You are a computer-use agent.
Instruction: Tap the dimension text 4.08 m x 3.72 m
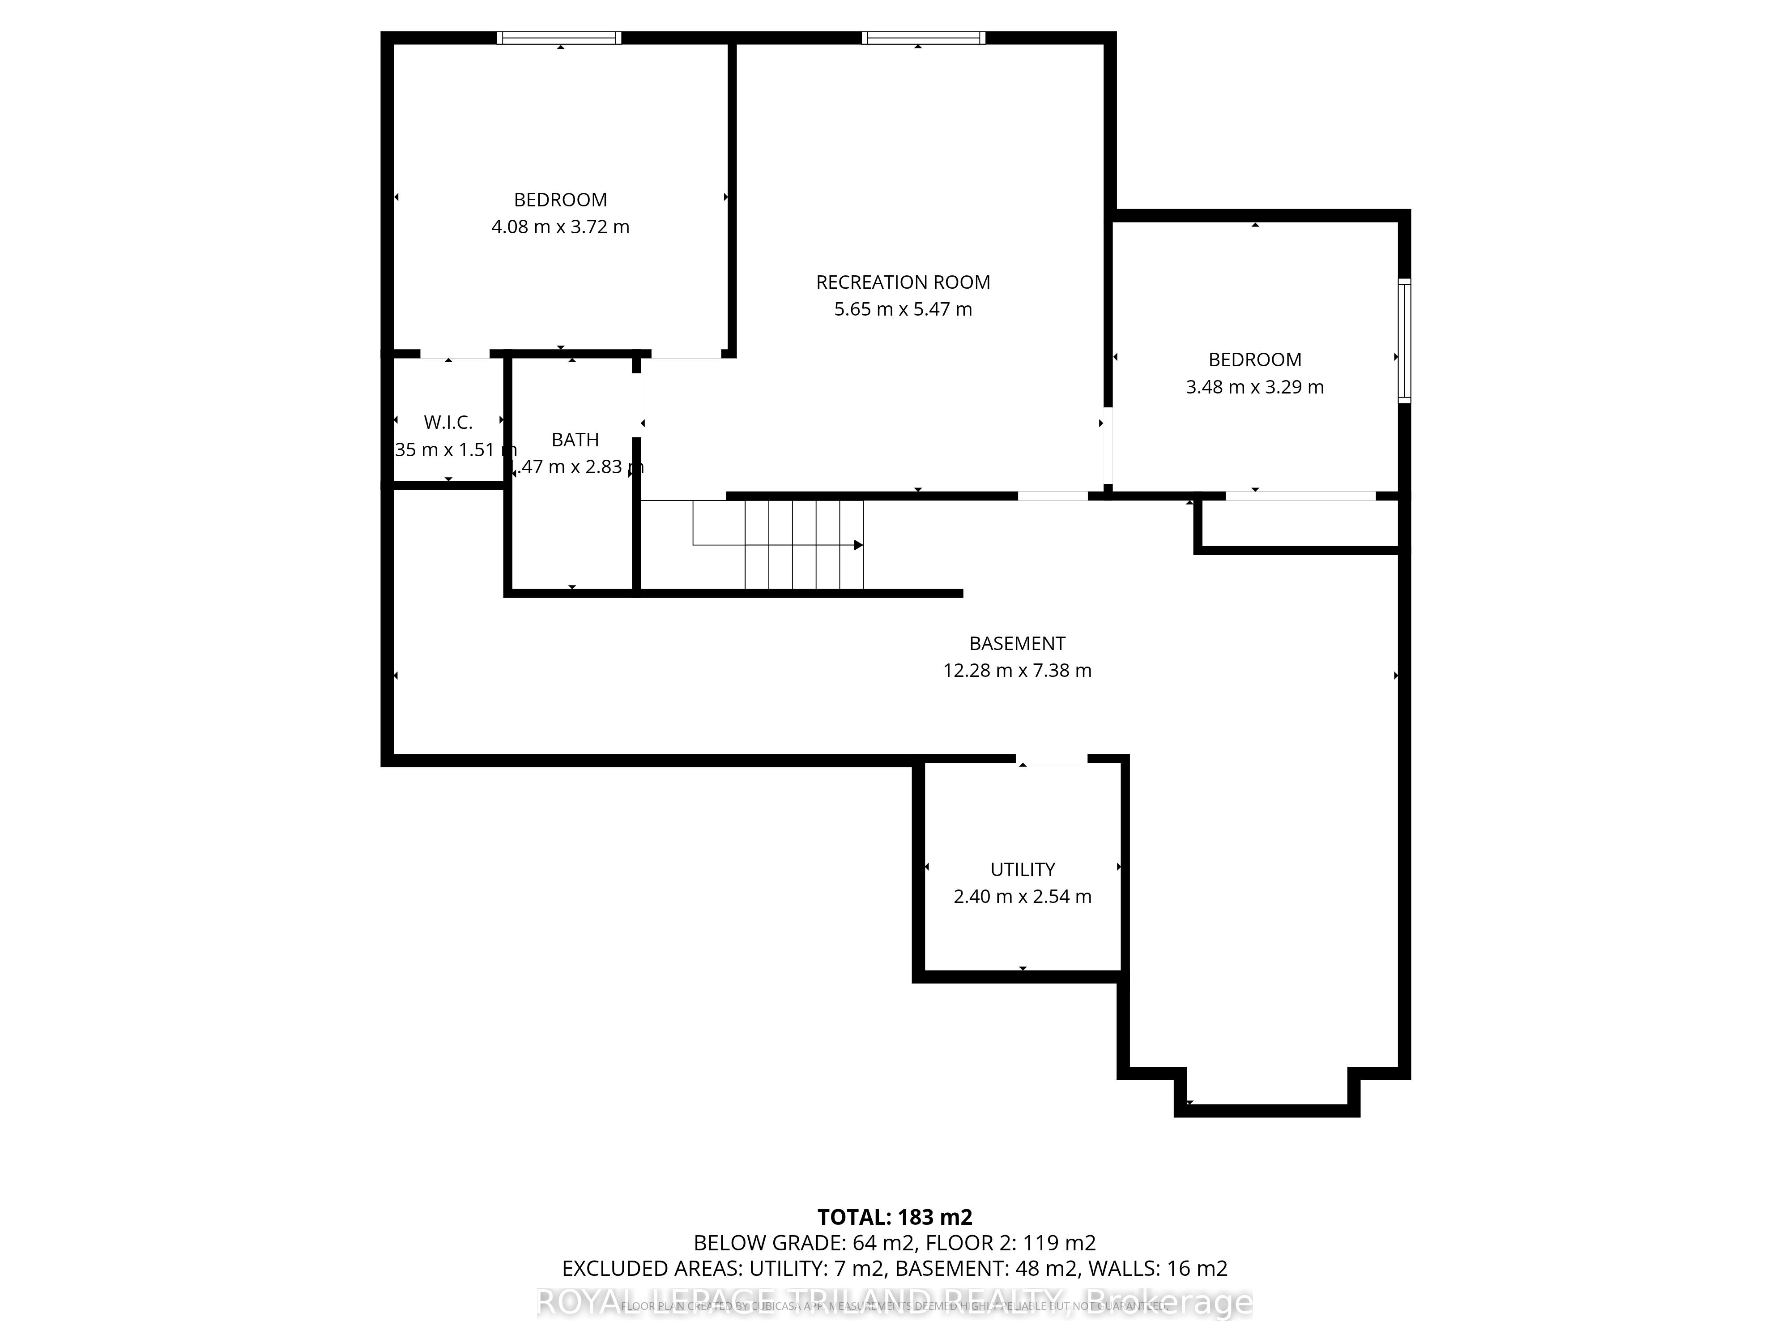[x=560, y=227]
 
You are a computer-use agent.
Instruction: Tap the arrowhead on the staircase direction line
[x=859, y=545]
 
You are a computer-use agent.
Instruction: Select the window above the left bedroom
[x=559, y=37]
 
